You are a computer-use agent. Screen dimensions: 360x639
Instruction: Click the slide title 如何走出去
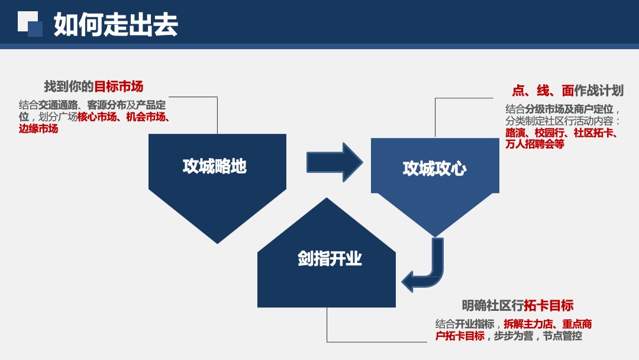coord(115,25)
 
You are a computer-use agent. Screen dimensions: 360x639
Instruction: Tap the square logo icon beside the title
coord(30,24)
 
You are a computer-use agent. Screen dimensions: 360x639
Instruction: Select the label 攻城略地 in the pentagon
coord(214,166)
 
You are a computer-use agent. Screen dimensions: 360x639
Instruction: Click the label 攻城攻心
coord(434,169)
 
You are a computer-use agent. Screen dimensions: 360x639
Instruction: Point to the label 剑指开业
coord(330,259)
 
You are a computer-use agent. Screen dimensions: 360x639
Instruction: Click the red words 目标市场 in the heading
coord(119,87)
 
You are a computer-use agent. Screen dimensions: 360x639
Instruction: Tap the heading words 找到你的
coord(69,87)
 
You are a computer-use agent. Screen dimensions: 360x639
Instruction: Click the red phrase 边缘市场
coord(38,128)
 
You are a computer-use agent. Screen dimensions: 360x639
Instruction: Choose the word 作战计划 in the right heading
coord(599,91)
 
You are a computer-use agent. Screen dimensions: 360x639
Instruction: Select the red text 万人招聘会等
coord(535,144)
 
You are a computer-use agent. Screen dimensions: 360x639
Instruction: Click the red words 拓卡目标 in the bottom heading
coord(548,306)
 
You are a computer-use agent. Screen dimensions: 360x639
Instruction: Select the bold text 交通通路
coord(58,105)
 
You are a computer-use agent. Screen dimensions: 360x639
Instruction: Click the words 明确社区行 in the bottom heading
coord(492,306)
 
